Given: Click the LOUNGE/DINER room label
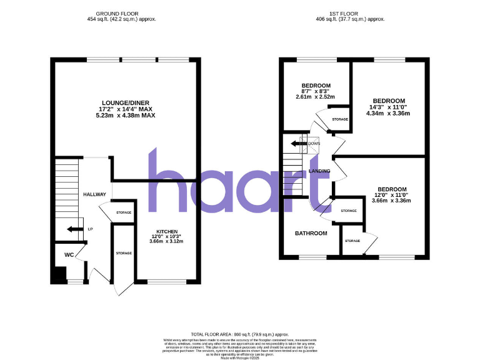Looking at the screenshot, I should tap(125, 102).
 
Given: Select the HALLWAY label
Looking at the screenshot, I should tap(95, 195).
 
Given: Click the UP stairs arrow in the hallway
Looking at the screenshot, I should tap(74, 229).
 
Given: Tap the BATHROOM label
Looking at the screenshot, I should tap(311, 234).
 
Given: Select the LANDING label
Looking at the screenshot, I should tap(319, 171).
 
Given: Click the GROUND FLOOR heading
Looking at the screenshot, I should tap(121, 13).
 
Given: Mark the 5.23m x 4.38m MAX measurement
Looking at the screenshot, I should tap(125, 116).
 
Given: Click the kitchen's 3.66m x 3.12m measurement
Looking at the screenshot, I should tap(166, 241).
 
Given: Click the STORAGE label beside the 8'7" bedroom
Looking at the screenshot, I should tap(339, 119).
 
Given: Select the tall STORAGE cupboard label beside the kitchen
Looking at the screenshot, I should tap(124, 253).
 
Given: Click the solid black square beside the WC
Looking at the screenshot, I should tap(59, 275).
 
